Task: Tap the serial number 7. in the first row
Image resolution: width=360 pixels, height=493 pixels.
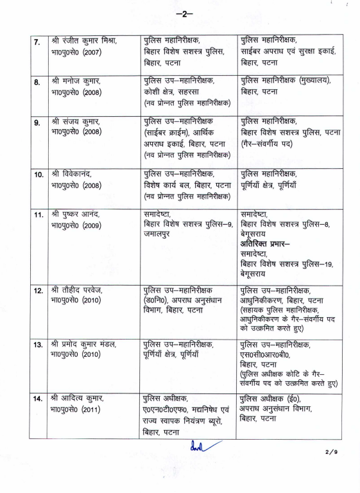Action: (38, 44)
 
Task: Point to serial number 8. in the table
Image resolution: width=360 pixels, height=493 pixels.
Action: (38, 83)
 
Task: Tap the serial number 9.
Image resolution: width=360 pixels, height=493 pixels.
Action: (38, 123)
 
